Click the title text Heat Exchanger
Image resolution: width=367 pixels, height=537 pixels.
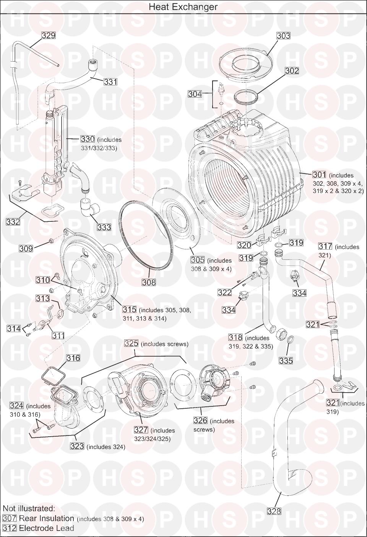(x=183, y=7)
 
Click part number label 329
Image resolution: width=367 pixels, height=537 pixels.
(x=49, y=35)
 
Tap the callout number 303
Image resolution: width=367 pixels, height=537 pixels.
(x=283, y=36)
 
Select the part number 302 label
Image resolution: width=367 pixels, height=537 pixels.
(x=292, y=70)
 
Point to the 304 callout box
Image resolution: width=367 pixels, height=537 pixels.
(x=195, y=94)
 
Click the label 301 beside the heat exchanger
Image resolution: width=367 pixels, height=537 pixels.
(x=320, y=175)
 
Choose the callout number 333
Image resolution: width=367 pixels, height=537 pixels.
(x=104, y=227)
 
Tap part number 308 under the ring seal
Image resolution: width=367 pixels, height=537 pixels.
(x=149, y=282)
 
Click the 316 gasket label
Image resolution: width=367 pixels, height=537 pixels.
(x=73, y=358)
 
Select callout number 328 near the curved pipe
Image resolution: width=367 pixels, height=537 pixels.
(x=274, y=511)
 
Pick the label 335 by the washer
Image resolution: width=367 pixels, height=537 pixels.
(x=286, y=360)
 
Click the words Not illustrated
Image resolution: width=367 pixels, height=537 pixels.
(x=29, y=508)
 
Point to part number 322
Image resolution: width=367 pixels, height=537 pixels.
(x=225, y=293)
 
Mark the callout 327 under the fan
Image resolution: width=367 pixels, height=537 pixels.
(x=141, y=430)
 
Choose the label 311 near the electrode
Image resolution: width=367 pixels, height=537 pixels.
(x=58, y=336)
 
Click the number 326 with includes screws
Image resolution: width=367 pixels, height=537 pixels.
(x=200, y=421)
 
